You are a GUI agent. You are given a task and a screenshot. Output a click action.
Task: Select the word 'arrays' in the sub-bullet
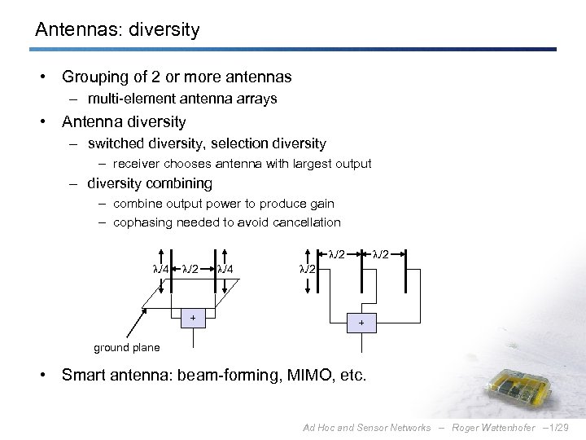257,99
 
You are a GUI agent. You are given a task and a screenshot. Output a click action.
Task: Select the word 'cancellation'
308,222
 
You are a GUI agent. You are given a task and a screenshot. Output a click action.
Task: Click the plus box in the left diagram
192,318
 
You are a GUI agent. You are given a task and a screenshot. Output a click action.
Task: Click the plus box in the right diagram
362,323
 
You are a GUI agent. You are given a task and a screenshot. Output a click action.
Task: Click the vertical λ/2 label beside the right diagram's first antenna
308,269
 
